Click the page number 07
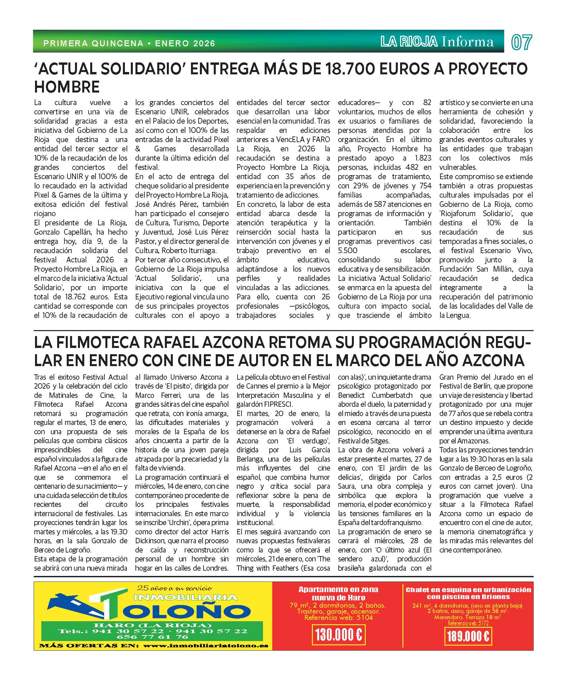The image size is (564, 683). coord(522,42)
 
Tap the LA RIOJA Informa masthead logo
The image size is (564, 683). coord(437,42)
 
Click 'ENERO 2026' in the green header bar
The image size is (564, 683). coord(185,43)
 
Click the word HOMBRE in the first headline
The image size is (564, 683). coord(67,87)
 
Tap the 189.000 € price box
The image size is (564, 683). coord(468,636)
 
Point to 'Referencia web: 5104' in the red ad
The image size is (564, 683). coord(338,618)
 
